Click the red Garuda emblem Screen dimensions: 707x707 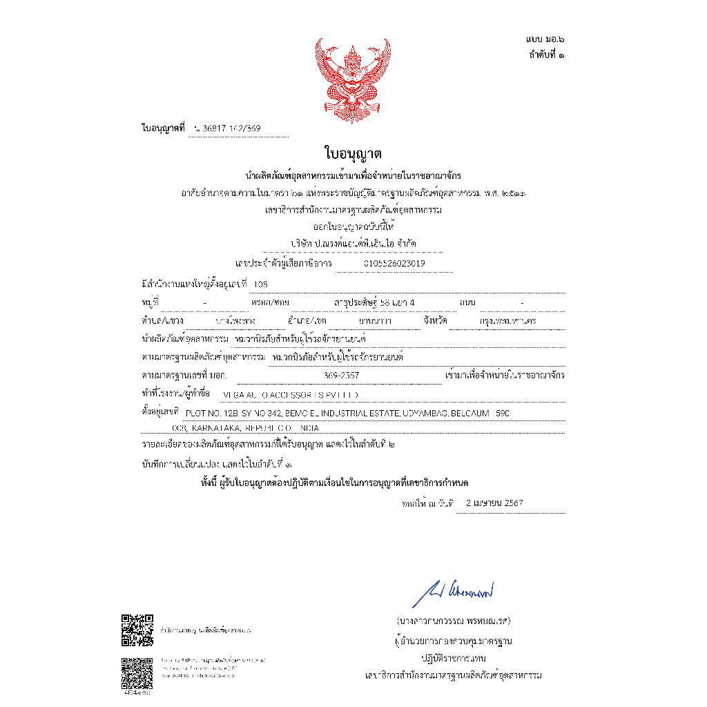353,77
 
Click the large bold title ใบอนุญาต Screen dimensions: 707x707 353,153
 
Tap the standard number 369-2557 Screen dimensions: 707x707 341,376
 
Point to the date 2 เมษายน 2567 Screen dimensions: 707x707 494,503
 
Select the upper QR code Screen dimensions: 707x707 137,630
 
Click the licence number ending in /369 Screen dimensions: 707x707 227,128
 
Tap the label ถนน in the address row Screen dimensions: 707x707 467,302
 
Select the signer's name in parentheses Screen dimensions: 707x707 454,620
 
